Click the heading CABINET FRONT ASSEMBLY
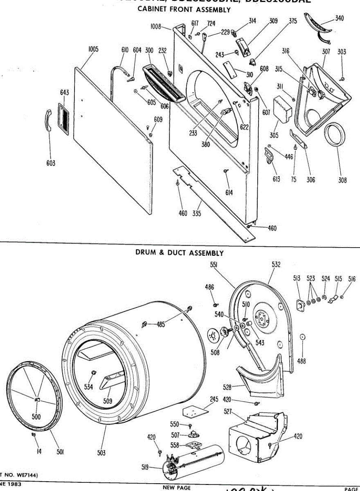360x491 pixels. click(184, 10)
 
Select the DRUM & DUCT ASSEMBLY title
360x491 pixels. click(180, 253)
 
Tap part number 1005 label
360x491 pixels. click(93, 50)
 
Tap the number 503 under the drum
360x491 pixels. click(101, 453)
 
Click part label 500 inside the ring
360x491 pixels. click(36, 417)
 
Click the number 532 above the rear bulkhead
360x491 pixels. click(276, 265)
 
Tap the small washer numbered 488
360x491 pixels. click(302, 337)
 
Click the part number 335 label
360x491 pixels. click(197, 213)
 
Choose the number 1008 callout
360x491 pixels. click(155, 27)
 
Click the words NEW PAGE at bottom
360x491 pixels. click(177, 487)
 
